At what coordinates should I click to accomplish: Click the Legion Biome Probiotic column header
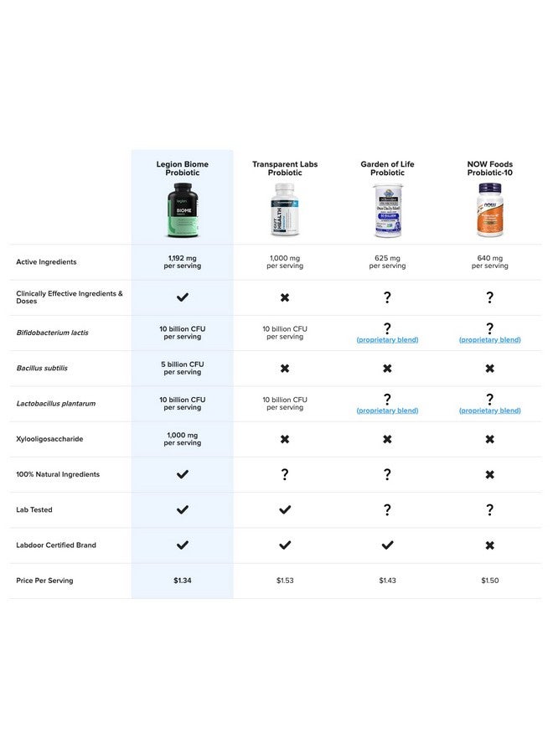[182, 168]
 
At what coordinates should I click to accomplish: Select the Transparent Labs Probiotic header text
[285, 168]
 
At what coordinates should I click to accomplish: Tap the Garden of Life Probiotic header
[387, 168]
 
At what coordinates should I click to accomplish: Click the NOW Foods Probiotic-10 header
[490, 168]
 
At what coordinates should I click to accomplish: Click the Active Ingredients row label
[46, 262]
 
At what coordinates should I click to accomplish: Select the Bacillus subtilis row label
[42, 369]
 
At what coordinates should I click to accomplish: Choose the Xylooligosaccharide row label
[50, 439]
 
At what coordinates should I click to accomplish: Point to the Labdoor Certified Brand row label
[56, 545]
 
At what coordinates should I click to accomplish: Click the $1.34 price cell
[182, 581]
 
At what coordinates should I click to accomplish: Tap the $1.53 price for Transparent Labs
[285, 581]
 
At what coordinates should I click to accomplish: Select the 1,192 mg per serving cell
[182, 262]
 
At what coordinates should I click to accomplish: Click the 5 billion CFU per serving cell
[182, 369]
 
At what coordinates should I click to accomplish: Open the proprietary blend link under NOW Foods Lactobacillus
[490, 411]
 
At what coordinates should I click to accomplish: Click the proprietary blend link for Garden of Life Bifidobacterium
[387, 340]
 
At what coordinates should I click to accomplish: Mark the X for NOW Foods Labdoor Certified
[490, 545]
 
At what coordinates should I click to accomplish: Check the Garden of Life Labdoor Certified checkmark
[387, 545]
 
